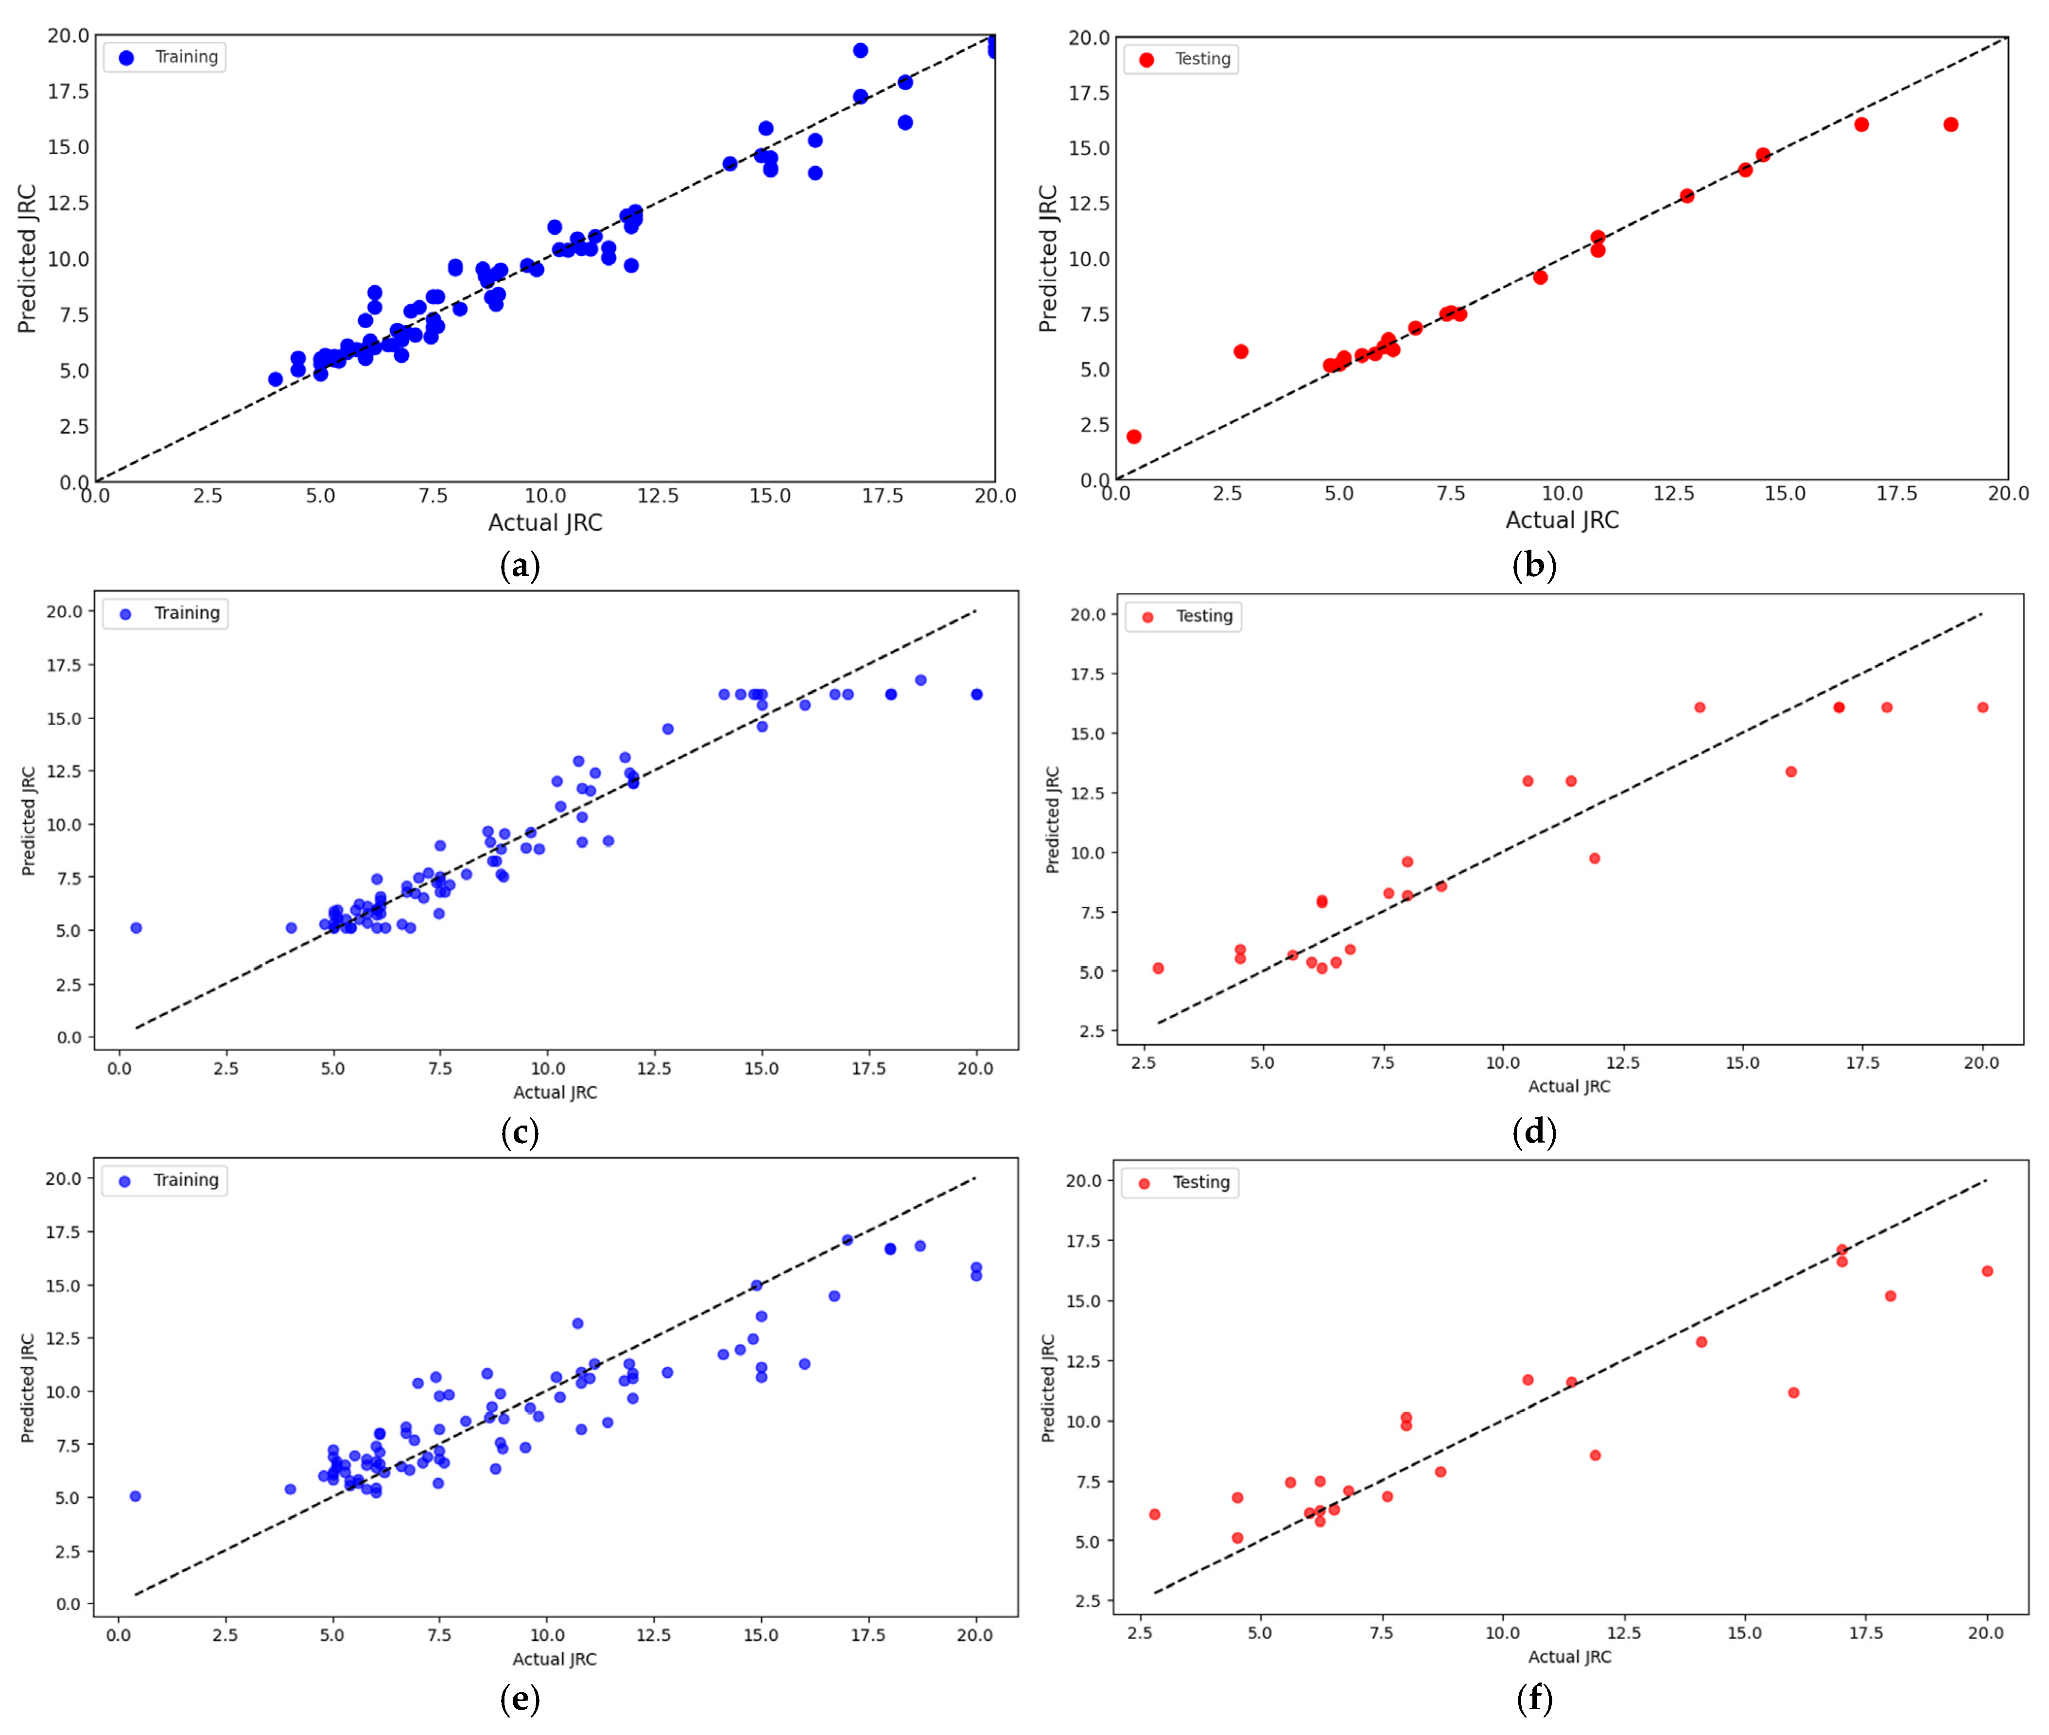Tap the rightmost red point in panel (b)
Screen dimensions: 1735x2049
(1951, 124)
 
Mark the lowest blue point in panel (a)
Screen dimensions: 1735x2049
(276, 380)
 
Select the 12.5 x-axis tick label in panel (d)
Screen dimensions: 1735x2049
(1622, 1062)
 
